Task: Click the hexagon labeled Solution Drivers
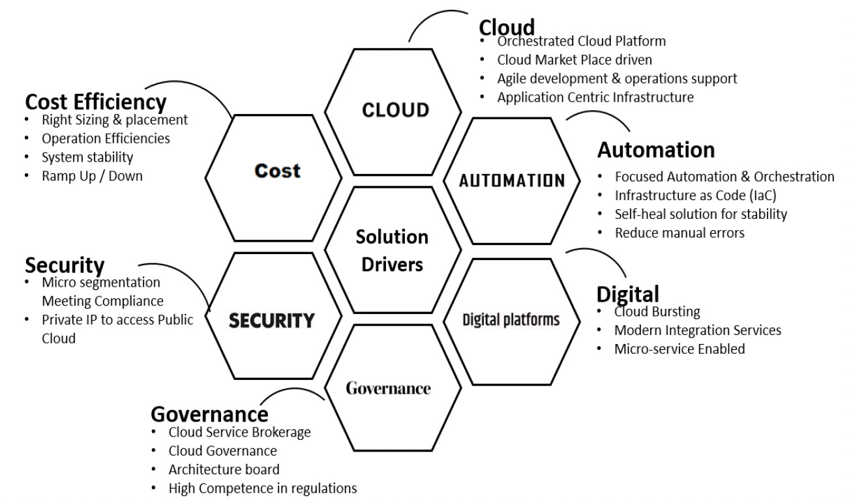click(392, 250)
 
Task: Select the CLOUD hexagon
click(396, 109)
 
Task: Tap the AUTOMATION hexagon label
click(512, 180)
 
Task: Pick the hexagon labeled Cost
click(277, 171)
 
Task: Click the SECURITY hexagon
click(272, 320)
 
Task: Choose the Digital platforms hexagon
click(511, 319)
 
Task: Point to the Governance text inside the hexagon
click(388, 389)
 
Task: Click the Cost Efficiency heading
click(96, 102)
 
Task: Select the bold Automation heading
click(656, 150)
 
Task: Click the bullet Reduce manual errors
click(679, 233)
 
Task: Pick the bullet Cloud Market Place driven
click(574, 60)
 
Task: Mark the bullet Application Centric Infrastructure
click(595, 98)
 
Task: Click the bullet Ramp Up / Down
click(92, 175)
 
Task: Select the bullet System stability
click(87, 157)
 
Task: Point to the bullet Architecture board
click(224, 469)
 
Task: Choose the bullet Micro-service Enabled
click(679, 349)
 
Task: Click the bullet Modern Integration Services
click(698, 330)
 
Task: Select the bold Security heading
click(65, 265)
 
